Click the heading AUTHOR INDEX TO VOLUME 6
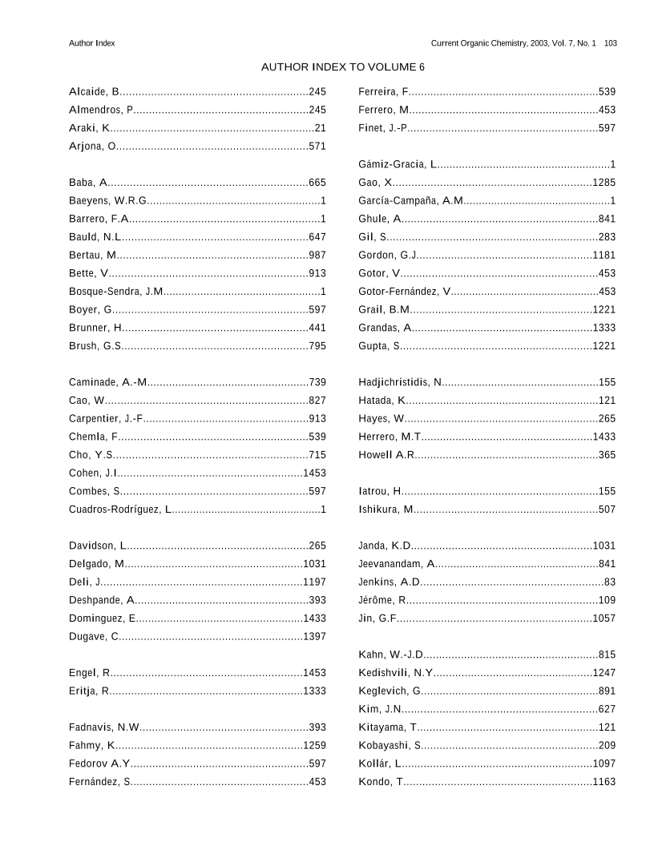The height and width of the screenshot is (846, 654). click(x=343, y=67)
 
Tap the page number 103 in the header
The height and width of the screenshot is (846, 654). click(x=610, y=43)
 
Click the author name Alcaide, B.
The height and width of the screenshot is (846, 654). click(x=95, y=92)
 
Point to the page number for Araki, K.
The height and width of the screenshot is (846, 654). click(x=320, y=128)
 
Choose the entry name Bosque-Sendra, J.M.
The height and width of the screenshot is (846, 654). click(x=116, y=292)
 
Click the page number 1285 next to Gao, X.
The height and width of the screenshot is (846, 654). click(x=604, y=183)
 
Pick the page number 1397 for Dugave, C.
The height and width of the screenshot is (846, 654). click(x=314, y=637)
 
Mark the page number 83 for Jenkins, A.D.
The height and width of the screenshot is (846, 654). click(x=609, y=582)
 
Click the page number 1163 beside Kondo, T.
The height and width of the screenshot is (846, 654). click(x=604, y=782)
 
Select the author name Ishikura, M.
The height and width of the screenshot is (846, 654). click(x=386, y=510)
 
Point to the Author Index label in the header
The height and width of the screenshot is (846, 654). click(x=92, y=43)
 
